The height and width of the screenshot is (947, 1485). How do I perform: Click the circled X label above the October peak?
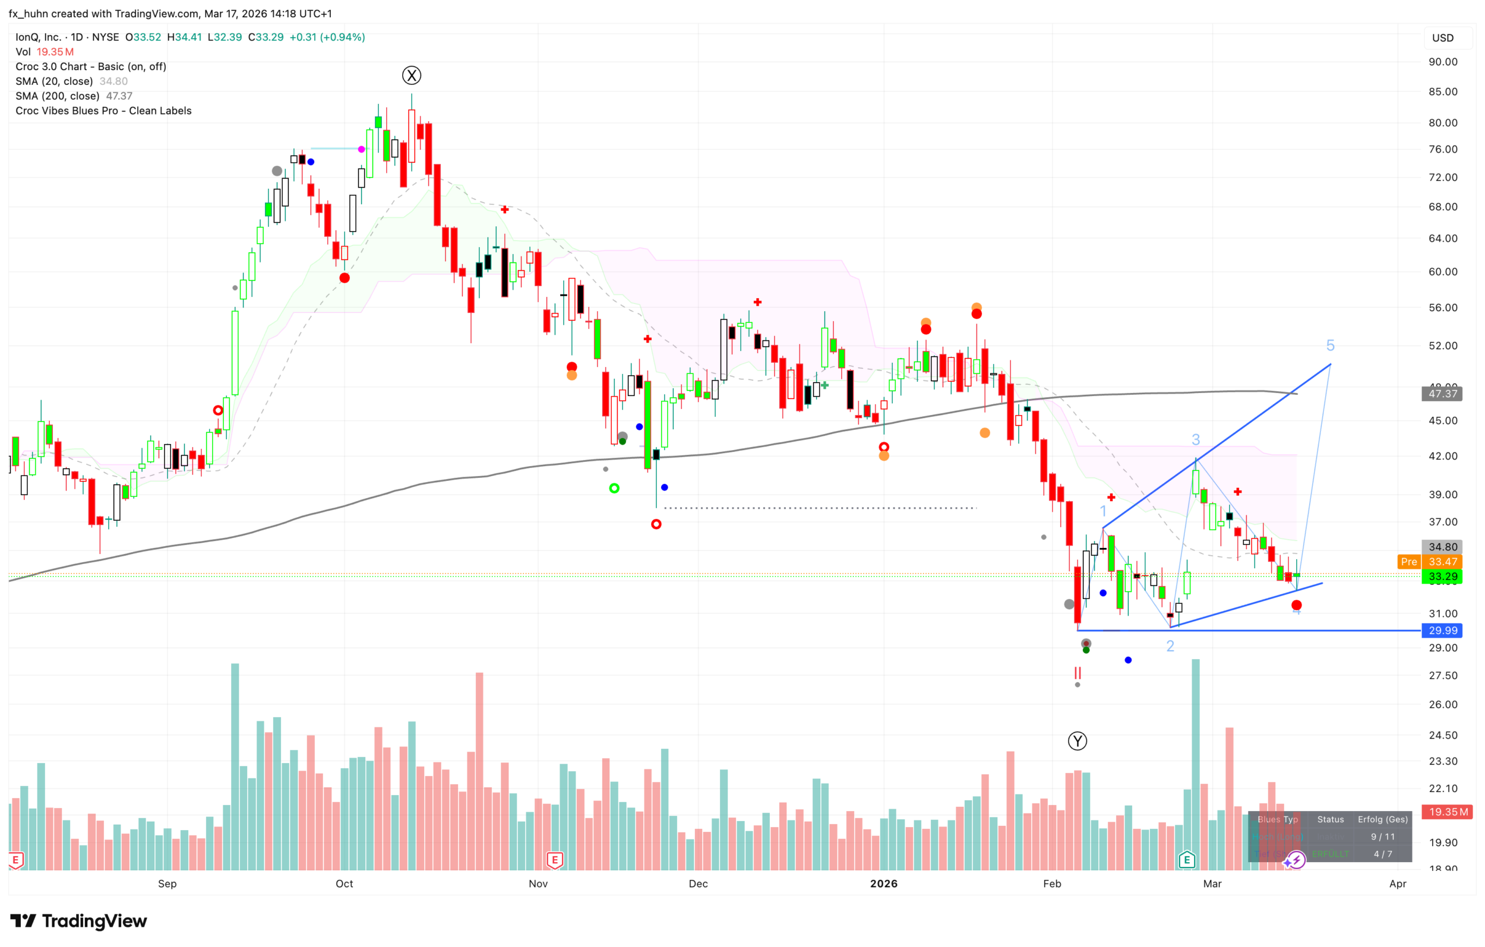411,76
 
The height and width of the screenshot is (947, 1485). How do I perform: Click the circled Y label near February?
1077,741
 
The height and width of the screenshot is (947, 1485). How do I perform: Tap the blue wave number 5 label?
1330,346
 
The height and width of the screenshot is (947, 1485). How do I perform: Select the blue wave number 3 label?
1195,439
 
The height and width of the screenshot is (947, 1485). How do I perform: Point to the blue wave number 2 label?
1170,646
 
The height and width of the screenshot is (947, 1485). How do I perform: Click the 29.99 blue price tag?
1442,631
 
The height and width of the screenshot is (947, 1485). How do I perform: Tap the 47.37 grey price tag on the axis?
1442,394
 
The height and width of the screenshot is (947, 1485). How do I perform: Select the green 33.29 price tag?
1442,577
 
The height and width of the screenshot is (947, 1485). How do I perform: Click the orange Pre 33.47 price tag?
1429,562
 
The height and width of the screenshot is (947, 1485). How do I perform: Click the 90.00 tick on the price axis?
1442,62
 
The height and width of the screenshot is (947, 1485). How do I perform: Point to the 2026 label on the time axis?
883,883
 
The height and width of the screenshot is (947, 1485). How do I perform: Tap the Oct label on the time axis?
344,883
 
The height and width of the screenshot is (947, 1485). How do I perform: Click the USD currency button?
1442,38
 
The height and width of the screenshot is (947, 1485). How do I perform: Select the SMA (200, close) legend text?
58,96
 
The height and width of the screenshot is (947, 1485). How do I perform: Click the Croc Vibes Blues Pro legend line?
103,111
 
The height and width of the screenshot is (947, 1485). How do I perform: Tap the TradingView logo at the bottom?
79,921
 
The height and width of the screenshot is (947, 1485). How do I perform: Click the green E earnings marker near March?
1187,860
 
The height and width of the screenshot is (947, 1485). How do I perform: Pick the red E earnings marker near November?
554,860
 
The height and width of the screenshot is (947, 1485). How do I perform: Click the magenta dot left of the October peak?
361,149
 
